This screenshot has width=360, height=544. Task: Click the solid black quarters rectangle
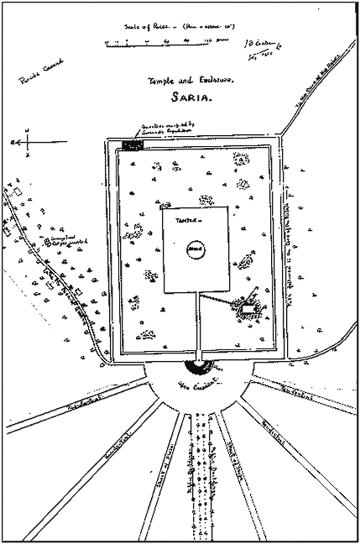point(133,145)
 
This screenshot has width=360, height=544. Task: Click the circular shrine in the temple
point(194,248)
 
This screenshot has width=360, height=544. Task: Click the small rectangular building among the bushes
point(247,311)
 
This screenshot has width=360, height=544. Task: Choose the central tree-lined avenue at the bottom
point(200,470)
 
